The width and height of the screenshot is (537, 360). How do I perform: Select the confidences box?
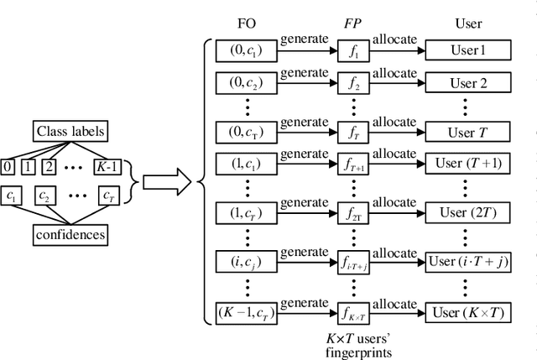click(x=71, y=234)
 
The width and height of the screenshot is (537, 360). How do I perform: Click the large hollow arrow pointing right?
click(x=164, y=181)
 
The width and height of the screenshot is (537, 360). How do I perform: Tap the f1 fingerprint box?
click(x=352, y=51)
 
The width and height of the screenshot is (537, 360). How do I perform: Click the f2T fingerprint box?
click(x=352, y=214)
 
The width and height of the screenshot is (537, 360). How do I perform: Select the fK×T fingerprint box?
click(x=352, y=313)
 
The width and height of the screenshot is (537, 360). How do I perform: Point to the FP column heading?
click(x=352, y=23)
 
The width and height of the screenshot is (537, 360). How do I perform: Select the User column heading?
click(x=468, y=23)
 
